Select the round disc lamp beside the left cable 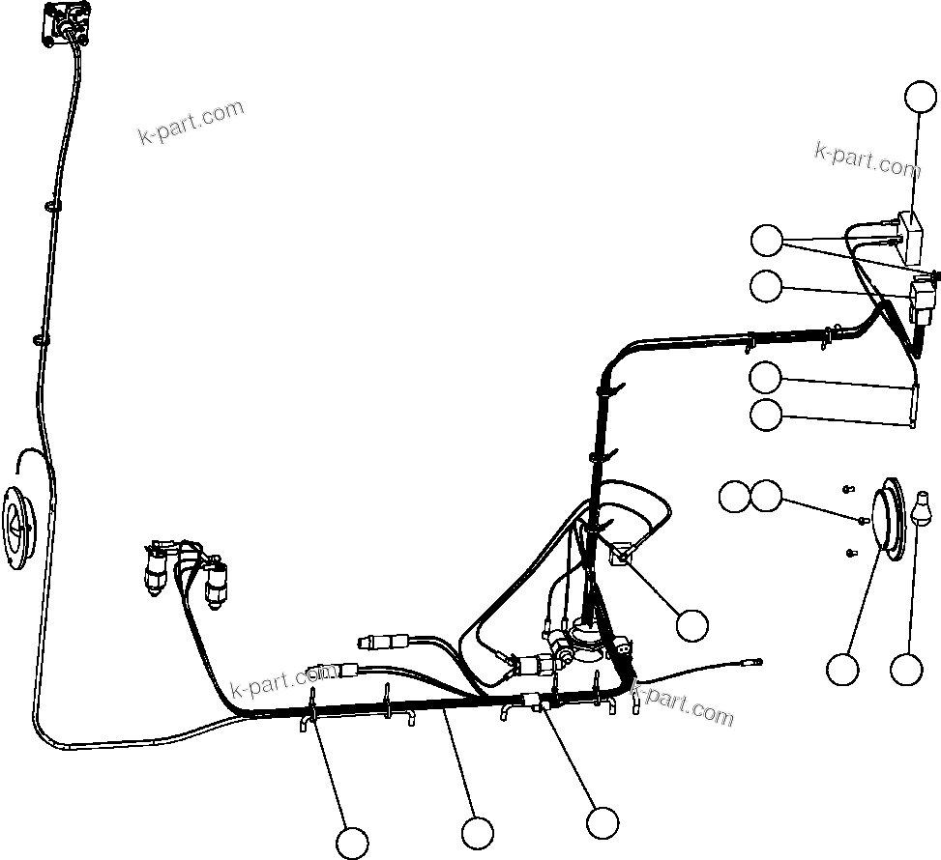click(x=21, y=523)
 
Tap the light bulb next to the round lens click(x=921, y=509)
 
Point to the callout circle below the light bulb click(x=906, y=669)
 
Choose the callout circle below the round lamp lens click(x=842, y=669)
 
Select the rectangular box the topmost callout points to click(x=909, y=237)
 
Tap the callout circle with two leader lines click(x=767, y=240)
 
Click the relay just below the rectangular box click(x=924, y=294)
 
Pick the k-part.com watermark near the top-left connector click(x=190, y=123)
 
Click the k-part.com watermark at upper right click(x=867, y=159)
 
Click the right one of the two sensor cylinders click(x=217, y=584)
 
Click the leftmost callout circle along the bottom click(x=352, y=843)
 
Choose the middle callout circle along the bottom click(x=477, y=832)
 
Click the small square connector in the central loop click(x=620, y=554)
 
